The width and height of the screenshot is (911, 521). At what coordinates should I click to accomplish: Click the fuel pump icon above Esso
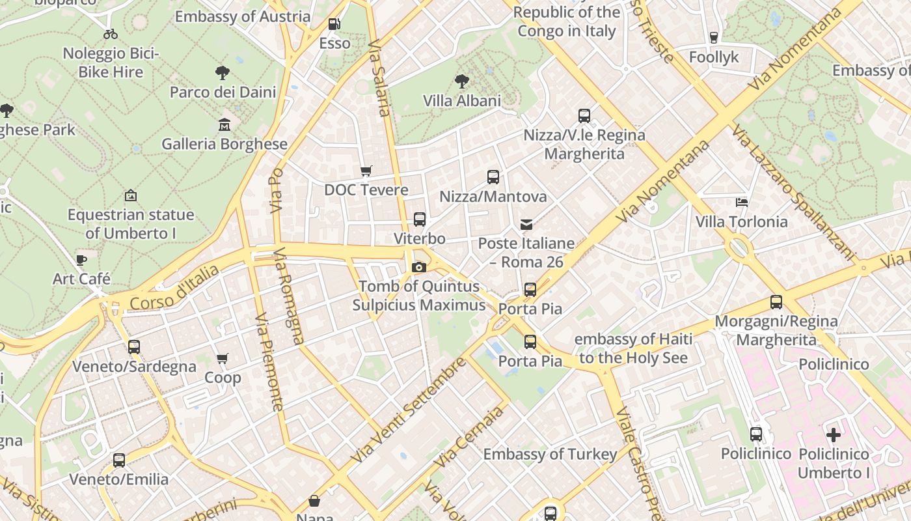click(x=334, y=24)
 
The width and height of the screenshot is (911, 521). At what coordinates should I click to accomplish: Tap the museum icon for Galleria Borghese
click(x=224, y=124)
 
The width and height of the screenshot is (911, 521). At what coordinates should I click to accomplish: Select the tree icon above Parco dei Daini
click(x=222, y=72)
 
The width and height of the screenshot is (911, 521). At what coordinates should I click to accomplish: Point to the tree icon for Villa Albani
click(x=462, y=81)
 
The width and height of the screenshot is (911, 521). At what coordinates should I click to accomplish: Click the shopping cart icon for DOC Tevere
click(x=366, y=171)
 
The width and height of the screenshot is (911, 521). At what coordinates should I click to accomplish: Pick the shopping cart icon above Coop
click(x=223, y=358)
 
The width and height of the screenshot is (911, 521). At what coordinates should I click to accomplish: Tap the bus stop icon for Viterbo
click(x=420, y=219)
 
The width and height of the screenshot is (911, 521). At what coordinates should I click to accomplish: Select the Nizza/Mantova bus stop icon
click(x=493, y=177)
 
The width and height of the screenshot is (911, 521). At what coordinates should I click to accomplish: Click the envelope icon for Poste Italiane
click(x=526, y=225)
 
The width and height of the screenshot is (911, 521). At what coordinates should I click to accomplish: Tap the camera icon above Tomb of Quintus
click(x=419, y=267)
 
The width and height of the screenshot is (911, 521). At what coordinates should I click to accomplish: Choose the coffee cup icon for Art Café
click(x=81, y=260)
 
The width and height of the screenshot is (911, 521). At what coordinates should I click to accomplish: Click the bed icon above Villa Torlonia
click(x=741, y=203)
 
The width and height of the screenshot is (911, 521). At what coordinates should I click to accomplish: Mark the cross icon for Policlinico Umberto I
click(x=834, y=434)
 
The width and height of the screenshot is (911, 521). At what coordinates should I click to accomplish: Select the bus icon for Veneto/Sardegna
click(x=134, y=347)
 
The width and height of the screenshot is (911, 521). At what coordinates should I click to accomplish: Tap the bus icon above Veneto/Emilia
click(x=119, y=460)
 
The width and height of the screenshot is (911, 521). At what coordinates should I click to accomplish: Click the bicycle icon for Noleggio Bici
click(x=111, y=34)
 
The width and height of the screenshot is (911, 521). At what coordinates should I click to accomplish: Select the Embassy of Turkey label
click(x=550, y=454)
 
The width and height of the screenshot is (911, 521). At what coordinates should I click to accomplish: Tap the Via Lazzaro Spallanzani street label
click(x=792, y=193)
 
